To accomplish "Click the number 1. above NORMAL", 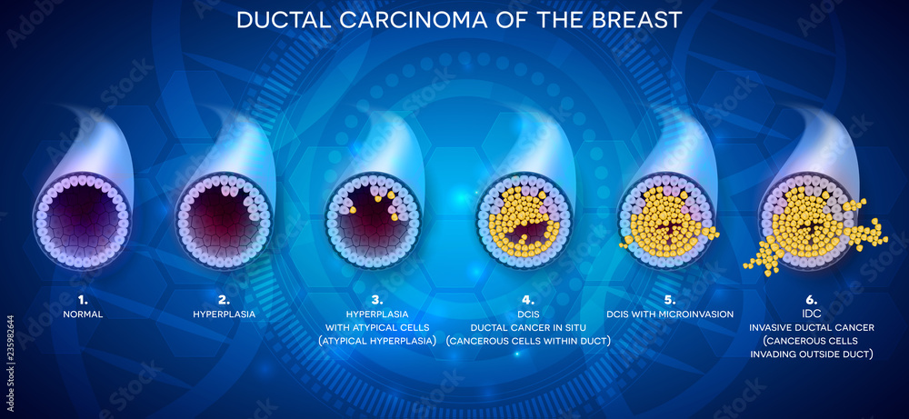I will (83, 298).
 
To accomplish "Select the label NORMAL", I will (83, 314).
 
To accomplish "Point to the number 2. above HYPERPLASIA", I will (224, 298).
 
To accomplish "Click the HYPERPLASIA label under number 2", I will (224, 314).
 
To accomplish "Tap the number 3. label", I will (373, 298).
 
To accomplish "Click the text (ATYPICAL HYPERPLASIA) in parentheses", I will (373, 341).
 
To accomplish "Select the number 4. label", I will (527, 298).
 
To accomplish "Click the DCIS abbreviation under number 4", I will (527, 314).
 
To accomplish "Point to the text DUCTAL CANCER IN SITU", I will (527, 327).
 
